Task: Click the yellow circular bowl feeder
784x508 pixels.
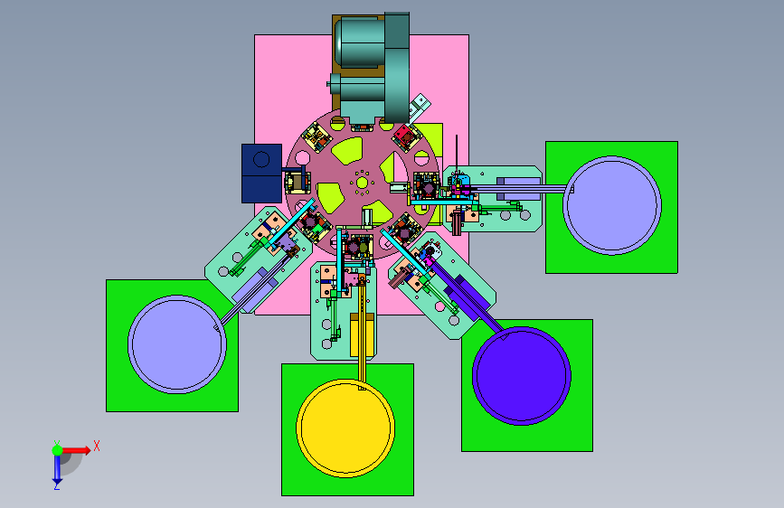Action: pyautogui.click(x=345, y=428)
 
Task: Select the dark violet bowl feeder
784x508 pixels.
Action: pyautogui.click(x=522, y=375)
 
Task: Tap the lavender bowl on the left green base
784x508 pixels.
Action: pyautogui.click(x=177, y=344)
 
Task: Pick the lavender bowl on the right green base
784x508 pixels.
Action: pyautogui.click(x=612, y=205)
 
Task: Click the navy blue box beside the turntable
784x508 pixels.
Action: pyautogui.click(x=261, y=174)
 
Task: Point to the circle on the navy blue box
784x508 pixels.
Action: pyautogui.click(x=261, y=159)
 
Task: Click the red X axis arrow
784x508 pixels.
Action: pyautogui.click(x=76, y=450)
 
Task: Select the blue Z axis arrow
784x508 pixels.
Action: pyautogui.click(x=57, y=467)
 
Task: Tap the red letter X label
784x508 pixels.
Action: pyautogui.click(x=97, y=446)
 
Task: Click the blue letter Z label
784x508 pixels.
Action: pyautogui.click(x=57, y=485)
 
